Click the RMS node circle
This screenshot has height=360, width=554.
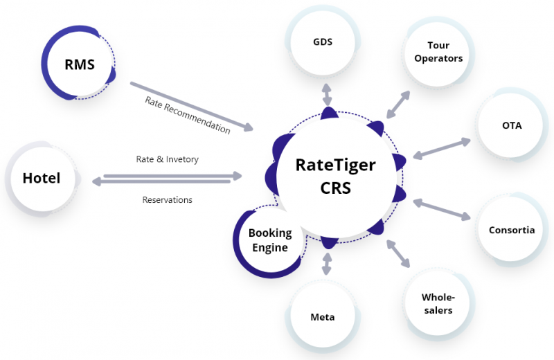click(x=79, y=65)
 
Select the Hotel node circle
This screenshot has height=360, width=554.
click(x=42, y=178)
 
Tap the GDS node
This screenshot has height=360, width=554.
click(x=322, y=42)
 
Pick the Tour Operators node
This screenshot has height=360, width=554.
click(x=438, y=52)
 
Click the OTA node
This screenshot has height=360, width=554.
click(x=512, y=125)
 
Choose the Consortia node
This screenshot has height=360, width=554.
click(x=512, y=230)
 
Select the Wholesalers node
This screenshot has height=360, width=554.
click(x=438, y=303)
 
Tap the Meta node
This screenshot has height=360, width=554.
click(x=322, y=317)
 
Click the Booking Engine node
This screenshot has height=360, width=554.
click(x=269, y=240)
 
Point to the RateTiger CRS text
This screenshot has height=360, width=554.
click(x=335, y=176)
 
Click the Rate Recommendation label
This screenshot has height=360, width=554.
click(x=188, y=114)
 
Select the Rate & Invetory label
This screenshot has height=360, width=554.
click(x=168, y=159)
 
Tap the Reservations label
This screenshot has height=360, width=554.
click(x=168, y=200)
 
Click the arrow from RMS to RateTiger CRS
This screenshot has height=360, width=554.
click(x=192, y=107)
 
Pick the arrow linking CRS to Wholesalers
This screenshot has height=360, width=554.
click(x=399, y=253)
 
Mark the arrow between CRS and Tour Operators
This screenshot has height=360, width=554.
click(x=397, y=104)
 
